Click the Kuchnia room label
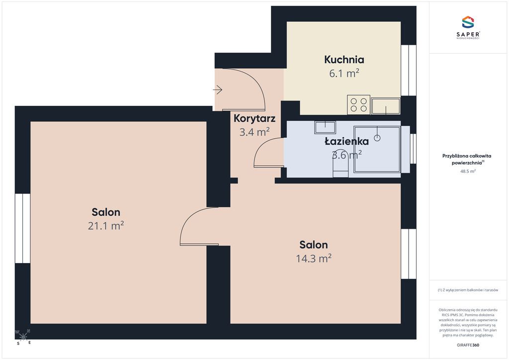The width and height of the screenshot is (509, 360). point(344,59)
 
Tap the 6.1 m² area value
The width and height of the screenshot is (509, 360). point(344,74)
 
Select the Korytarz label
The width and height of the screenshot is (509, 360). point(254,118)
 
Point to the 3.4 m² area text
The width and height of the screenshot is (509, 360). point(254,132)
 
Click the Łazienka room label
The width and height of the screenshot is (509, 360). point(346,141)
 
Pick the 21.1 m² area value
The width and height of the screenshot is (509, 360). point(106,226)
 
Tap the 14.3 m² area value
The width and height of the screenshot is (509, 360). point(314,259)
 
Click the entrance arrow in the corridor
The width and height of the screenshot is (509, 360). point(218,90)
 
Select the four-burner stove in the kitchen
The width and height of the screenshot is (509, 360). point(359,104)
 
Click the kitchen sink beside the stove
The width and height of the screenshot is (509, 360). point(386,106)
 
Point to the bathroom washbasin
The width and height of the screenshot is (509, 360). point(325,128)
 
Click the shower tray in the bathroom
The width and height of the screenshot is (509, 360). point(377,149)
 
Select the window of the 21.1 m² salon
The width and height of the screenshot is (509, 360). point(23,228)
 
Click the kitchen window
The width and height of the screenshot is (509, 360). point(409,70)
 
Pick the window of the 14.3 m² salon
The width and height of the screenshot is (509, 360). point(409,254)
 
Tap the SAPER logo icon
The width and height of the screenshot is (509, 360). point(468,22)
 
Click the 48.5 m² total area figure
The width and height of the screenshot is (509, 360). point(468,171)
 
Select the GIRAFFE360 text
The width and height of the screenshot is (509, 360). point(468,345)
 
